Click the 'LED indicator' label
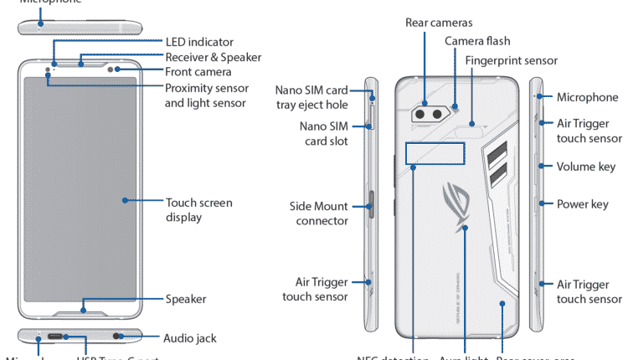coord(199,42)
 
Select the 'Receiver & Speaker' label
coord(214,58)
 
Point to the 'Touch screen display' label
coord(199,210)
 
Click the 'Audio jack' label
coord(190,338)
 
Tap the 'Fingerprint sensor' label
coord(512,61)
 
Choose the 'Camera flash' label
coord(477,41)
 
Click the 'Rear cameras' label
coord(439,22)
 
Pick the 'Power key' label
coord(583,203)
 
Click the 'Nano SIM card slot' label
coord(323,134)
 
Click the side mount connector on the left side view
coord(369,205)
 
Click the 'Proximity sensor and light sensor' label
coord(205,95)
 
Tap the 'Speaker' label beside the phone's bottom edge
coord(186,299)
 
